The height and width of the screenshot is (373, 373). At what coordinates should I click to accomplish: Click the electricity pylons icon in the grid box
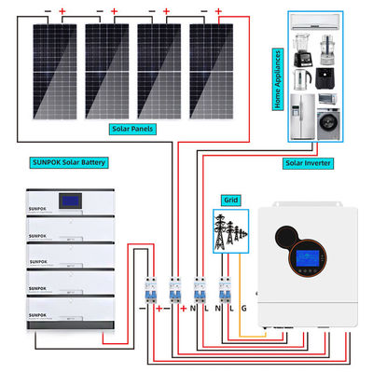pyautogui.click(x=228, y=230)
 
